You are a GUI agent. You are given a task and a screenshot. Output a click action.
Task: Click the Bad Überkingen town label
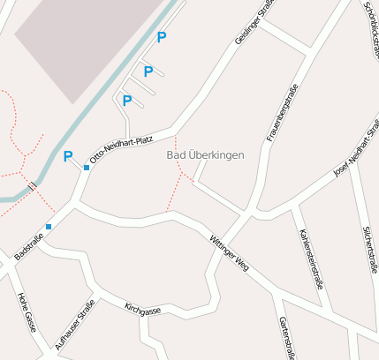point(205,155)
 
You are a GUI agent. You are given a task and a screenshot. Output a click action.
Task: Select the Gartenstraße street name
point(285,338)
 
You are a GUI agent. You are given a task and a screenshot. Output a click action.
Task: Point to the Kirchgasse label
point(142,311)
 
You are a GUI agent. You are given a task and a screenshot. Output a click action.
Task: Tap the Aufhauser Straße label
point(74,326)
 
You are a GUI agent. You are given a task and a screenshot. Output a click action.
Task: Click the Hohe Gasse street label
point(27,311)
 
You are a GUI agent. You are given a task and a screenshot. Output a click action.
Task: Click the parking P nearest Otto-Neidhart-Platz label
point(68,157)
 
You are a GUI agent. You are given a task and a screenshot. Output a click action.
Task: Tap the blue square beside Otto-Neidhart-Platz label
point(87,168)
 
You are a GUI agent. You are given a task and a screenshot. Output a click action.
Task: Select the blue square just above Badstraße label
point(49,227)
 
